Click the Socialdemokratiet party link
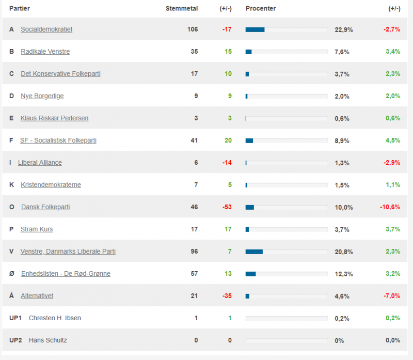point(46,29)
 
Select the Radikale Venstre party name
point(45,52)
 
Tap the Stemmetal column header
point(181,8)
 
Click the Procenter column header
point(261,8)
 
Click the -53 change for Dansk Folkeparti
point(227,207)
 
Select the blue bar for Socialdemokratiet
point(255,29)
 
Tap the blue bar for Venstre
point(254,252)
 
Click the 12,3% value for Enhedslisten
point(344,274)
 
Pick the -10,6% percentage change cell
point(390,207)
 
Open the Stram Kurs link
point(37,229)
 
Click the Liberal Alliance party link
point(40,163)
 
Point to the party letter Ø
point(11,274)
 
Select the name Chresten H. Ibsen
point(55,318)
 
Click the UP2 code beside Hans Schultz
point(15,340)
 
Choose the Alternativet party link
point(37,296)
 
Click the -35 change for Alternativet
point(227,296)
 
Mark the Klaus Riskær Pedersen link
point(54,118)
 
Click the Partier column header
point(19,8)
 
